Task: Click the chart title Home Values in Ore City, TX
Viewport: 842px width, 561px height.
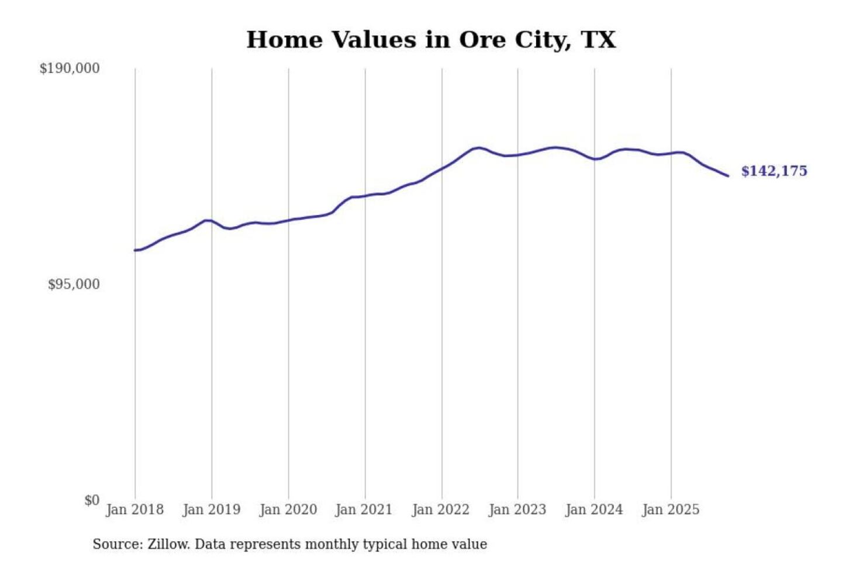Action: point(431,40)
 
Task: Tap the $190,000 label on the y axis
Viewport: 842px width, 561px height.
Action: point(70,68)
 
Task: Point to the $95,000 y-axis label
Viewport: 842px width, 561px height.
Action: point(74,285)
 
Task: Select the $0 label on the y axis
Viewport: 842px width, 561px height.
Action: point(92,500)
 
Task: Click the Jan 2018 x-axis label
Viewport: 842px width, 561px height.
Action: point(134,510)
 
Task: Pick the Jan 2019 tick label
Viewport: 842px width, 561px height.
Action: point(211,510)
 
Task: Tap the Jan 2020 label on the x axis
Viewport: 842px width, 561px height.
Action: point(288,510)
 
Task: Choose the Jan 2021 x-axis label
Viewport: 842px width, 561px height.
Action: point(364,510)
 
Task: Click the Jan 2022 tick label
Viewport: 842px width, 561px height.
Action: point(440,510)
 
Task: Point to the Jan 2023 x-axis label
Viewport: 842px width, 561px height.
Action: point(517,510)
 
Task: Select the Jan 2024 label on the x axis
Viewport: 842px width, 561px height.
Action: point(593,510)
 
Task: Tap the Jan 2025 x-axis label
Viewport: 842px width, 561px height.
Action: point(670,510)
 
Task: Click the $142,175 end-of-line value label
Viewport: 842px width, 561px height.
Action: point(774,171)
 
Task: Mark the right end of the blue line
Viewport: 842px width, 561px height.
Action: point(728,175)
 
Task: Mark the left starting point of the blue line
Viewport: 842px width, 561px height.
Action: point(135,250)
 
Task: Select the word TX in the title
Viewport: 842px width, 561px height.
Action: point(598,40)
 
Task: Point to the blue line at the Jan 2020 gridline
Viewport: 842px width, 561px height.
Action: point(288,220)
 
